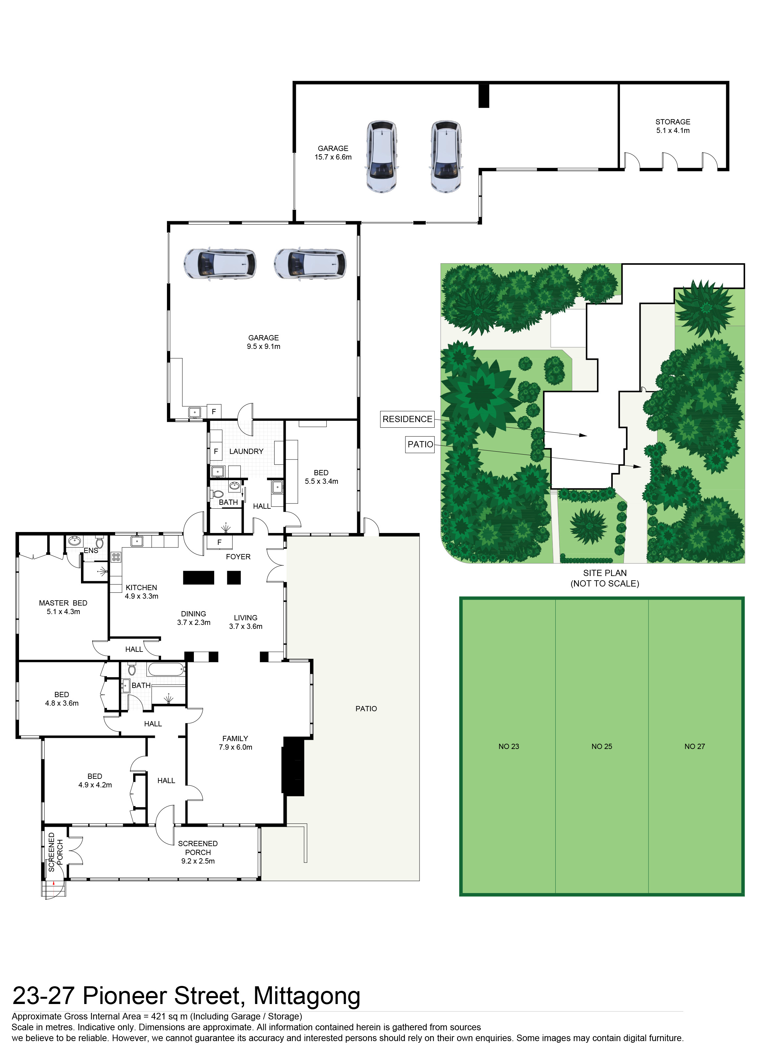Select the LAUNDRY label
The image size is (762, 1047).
pyautogui.click(x=246, y=452)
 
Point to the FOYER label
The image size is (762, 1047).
pyautogui.click(x=238, y=557)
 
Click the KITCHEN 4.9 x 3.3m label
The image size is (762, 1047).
pyautogui.click(x=141, y=592)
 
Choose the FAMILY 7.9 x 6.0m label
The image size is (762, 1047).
pyautogui.click(x=235, y=743)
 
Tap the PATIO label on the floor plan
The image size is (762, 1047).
pyautogui.click(x=366, y=709)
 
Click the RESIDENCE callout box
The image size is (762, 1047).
pyautogui.click(x=407, y=419)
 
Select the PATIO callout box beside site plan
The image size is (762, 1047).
pyautogui.click(x=420, y=444)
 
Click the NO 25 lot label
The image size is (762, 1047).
pyautogui.click(x=602, y=746)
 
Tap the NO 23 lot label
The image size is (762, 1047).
pyautogui.click(x=509, y=746)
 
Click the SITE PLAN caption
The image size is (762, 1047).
pyautogui.click(x=605, y=578)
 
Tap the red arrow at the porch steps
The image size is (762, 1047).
pyautogui.click(x=54, y=884)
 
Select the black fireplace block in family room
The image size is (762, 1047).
pyautogui.click(x=293, y=767)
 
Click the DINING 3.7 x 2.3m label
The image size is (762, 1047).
pyautogui.click(x=194, y=618)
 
